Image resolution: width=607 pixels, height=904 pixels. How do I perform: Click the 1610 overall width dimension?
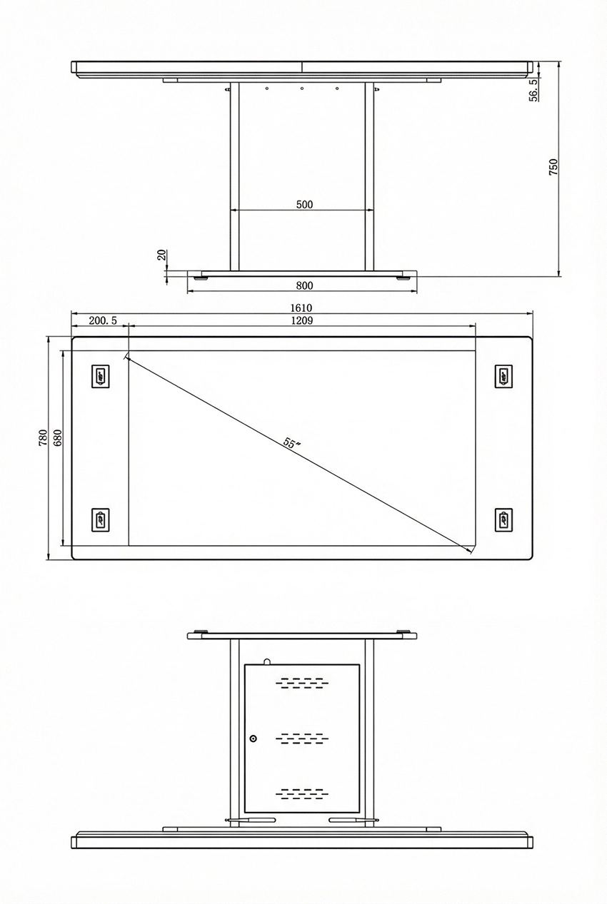301,308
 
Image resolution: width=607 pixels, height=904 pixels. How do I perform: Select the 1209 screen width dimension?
301,321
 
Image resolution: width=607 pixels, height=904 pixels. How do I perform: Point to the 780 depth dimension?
43,437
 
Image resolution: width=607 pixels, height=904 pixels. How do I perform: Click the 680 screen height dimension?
56,437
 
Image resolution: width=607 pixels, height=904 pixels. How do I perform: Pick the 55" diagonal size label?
291,443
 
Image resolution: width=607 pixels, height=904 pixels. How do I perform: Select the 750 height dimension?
553,167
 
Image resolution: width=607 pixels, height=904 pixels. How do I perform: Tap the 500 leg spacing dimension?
304,204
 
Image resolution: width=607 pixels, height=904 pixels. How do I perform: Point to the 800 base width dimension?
304,285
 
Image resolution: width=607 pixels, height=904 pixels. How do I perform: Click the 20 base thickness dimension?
161,255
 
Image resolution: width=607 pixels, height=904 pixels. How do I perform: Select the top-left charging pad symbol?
101,375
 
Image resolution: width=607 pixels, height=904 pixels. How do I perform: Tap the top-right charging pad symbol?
503,375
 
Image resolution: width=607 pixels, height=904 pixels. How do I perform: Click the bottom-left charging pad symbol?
101,519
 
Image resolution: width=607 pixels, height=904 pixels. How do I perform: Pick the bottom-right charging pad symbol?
503,519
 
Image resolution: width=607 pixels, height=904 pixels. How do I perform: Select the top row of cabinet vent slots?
302,684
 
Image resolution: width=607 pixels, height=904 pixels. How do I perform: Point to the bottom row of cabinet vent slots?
302,793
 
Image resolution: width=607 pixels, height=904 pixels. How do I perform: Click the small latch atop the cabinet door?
266,661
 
